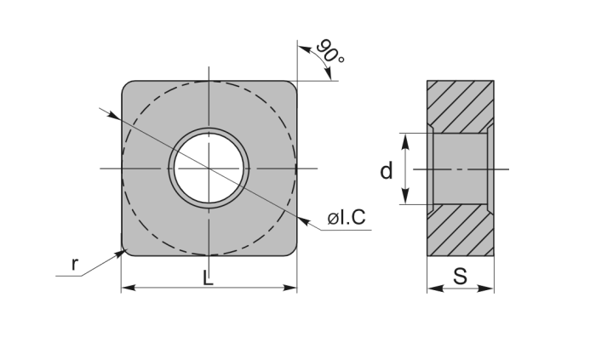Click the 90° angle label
coord(330,51)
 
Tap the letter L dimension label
coord(208,278)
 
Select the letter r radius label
coord(75,264)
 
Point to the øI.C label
coord(347,217)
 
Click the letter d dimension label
coord(387,170)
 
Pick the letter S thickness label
coord(460,277)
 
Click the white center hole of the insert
coord(209,168)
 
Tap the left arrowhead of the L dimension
coord(128,288)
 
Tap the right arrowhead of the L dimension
coord(290,288)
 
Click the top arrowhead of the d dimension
coord(405,140)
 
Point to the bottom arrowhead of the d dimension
coord(405,197)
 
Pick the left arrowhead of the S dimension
coord(434,289)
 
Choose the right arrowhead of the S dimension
coord(486,289)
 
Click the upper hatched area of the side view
coord(461,106)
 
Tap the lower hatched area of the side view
coord(461,230)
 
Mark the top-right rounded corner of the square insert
coord(292,85)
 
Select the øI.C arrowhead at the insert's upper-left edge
coord(113,115)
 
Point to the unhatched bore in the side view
coord(461,169)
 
